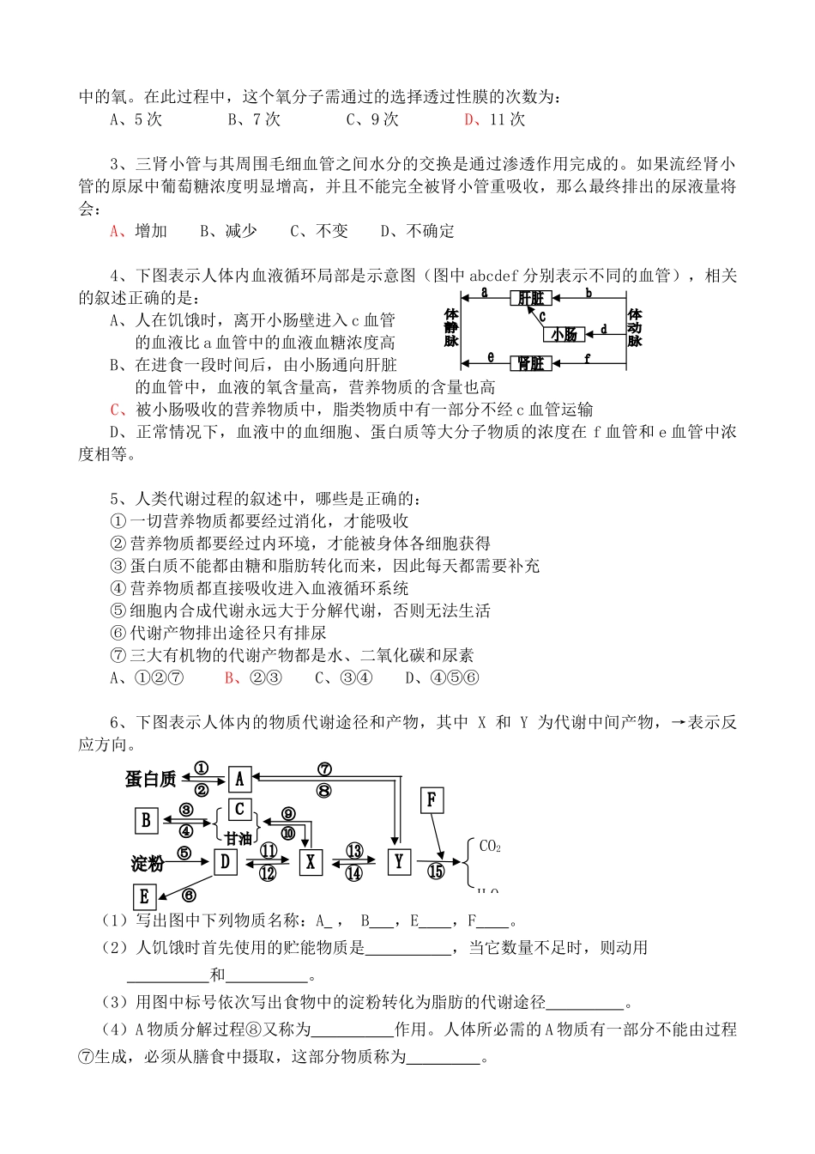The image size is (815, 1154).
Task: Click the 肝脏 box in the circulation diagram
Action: [x=532, y=298]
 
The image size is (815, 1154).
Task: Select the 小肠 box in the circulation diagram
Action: [x=564, y=334]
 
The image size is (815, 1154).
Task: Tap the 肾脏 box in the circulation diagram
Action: [x=532, y=363]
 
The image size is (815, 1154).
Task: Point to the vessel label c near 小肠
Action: [x=542, y=316]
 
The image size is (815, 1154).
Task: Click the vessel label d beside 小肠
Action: [x=603, y=329]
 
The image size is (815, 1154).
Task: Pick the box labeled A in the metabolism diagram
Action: [x=239, y=779]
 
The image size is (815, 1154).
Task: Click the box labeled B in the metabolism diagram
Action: [x=146, y=821]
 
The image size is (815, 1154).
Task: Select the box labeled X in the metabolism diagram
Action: [x=311, y=861]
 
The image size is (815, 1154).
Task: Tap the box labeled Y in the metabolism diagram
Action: [x=398, y=861]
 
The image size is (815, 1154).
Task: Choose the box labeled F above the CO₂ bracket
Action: [x=432, y=801]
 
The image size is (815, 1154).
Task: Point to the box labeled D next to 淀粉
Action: [x=225, y=860]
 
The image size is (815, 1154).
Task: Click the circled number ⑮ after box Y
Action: [x=436, y=871]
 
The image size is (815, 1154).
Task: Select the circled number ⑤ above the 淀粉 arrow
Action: [x=184, y=853]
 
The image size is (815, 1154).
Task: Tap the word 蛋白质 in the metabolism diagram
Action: [x=151, y=779]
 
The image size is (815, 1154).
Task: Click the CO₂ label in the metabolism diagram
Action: [x=490, y=846]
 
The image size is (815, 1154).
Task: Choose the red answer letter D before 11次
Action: [x=469, y=119]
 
